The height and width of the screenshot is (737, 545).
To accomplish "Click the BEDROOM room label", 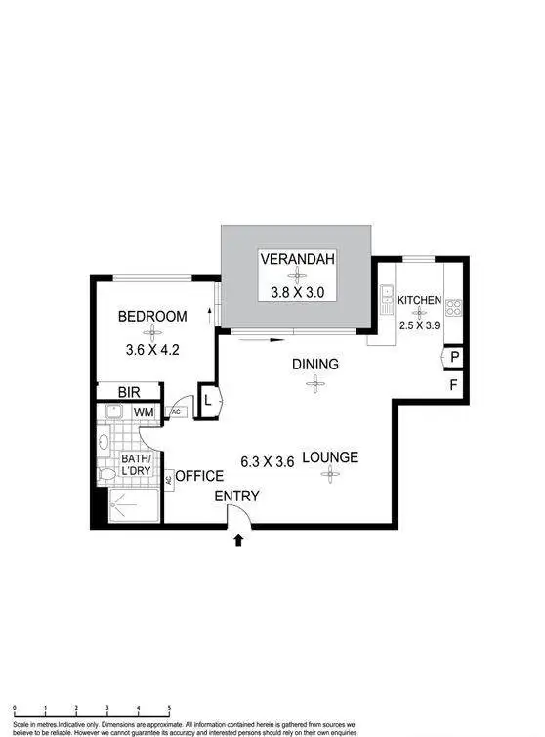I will (151, 317).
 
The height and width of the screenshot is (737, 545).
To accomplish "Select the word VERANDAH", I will (298, 260).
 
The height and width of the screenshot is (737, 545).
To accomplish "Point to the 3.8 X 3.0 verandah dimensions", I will (298, 290).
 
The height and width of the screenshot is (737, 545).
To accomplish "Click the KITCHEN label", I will (419, 301).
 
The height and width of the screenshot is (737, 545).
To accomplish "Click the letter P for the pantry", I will (454, 359).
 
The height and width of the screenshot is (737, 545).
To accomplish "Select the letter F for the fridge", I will (453, 384).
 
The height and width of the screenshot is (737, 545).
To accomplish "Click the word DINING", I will (314, 365).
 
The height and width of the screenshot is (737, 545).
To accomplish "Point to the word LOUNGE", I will (329, 457).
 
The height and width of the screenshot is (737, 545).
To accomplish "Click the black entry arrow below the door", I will (239, 540).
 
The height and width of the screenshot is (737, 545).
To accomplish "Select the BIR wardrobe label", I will (129, 392).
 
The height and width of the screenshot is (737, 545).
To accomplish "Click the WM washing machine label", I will (144, 413).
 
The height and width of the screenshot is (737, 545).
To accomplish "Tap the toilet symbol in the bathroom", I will (107, 473).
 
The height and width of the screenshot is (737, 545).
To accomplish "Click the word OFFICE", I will (199, 476).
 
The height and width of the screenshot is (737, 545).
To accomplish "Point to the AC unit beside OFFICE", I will (169, 479).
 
